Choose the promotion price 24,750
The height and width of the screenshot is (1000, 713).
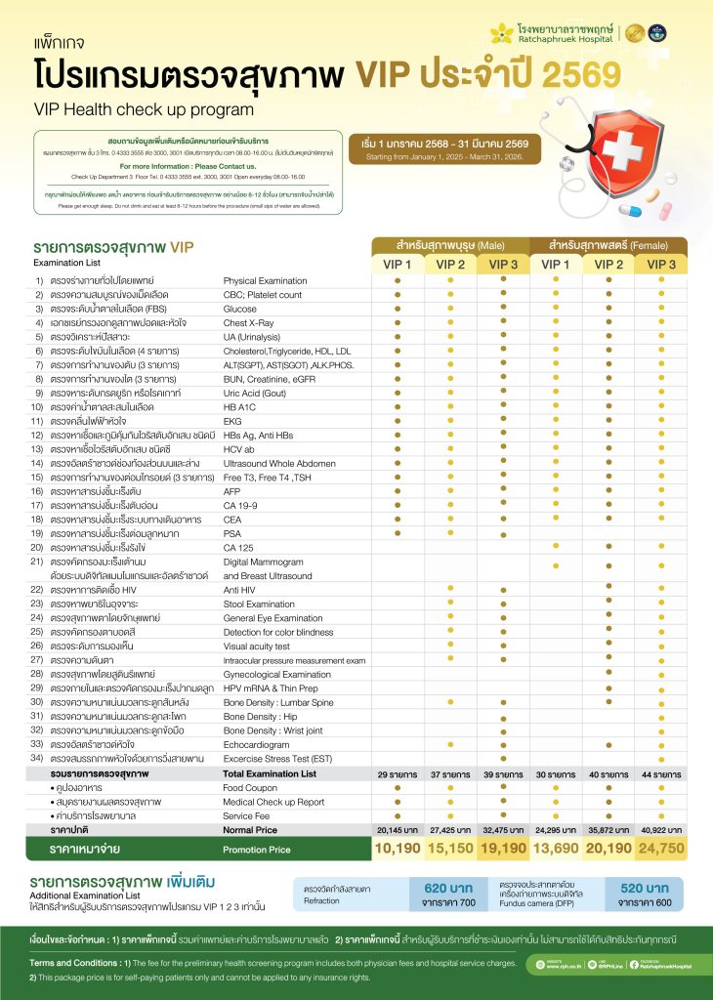tap(661, 848)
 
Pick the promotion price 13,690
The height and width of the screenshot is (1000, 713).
tap(555, 848)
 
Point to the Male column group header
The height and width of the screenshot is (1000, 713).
tap(450, 244)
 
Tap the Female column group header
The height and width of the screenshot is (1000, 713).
tap(608, 244)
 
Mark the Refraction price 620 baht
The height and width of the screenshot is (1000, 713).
tap(448, 888)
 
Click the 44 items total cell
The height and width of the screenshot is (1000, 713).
tap(661, 773)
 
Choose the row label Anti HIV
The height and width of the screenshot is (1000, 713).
tap(240, 590)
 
